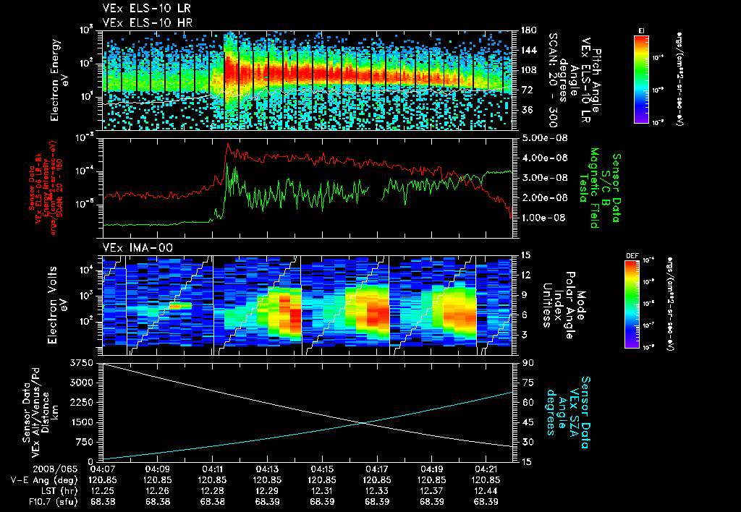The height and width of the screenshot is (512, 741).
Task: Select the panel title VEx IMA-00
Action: pos(131,248)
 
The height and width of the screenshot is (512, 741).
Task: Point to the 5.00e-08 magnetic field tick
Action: pos(541,137)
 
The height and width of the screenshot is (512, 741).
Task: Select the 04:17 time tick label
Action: pos(376,469)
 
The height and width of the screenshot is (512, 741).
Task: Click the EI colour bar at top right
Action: pos(641,76)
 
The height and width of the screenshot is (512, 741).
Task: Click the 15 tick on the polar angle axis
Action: pos(525,255)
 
